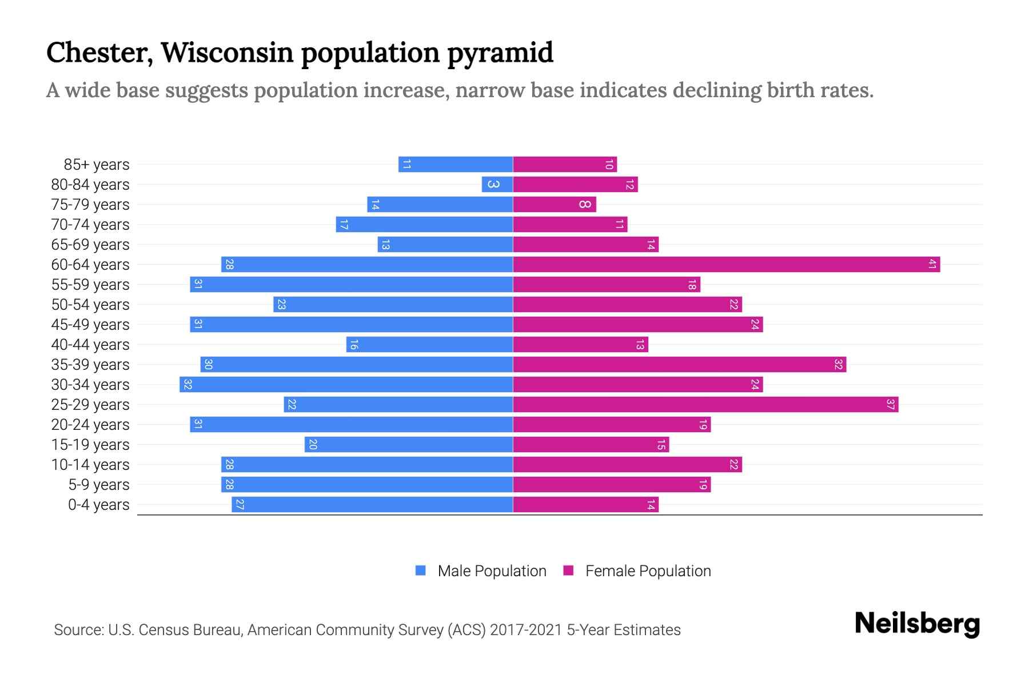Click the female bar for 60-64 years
(x=726, y=265)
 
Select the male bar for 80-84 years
(x=497, y=185)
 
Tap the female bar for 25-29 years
(x=705, y=405)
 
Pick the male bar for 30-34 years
(x=346, y=385)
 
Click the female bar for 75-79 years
(x=555, y=205)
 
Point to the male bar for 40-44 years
(x=429, y=345)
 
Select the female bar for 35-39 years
(x=679, y=365)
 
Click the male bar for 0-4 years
(x=372, y=505)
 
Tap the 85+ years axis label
(x=96, y=165)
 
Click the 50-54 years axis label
(x=90, y=305)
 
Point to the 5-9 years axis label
(x=99, y=485)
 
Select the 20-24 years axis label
(x=90, y=425)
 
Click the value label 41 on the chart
(x=932, y=265)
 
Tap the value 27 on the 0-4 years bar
(x=240, y=505)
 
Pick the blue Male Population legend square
(x=421, y=571)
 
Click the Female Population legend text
(x=648, y=571)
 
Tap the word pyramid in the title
(x=500, y=53)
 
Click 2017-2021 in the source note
(x=526, y=630)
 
